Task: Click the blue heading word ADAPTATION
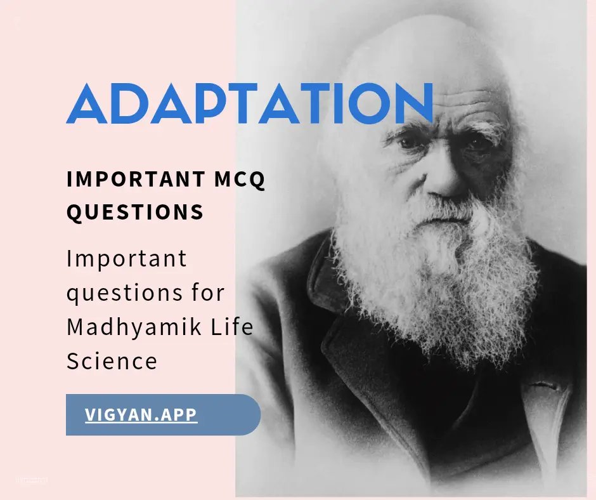pyautogui.click(x=250, y=103)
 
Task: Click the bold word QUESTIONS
pyautogui.click(x=135, y=212)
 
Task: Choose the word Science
pyautogui.click(x=112, y=360)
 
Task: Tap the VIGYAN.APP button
pyautogui.click(x=141, y=414)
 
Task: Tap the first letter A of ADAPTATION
pyautogui.click(x=86, y=103)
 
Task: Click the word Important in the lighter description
pyautogui.click(x=127, y=259)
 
